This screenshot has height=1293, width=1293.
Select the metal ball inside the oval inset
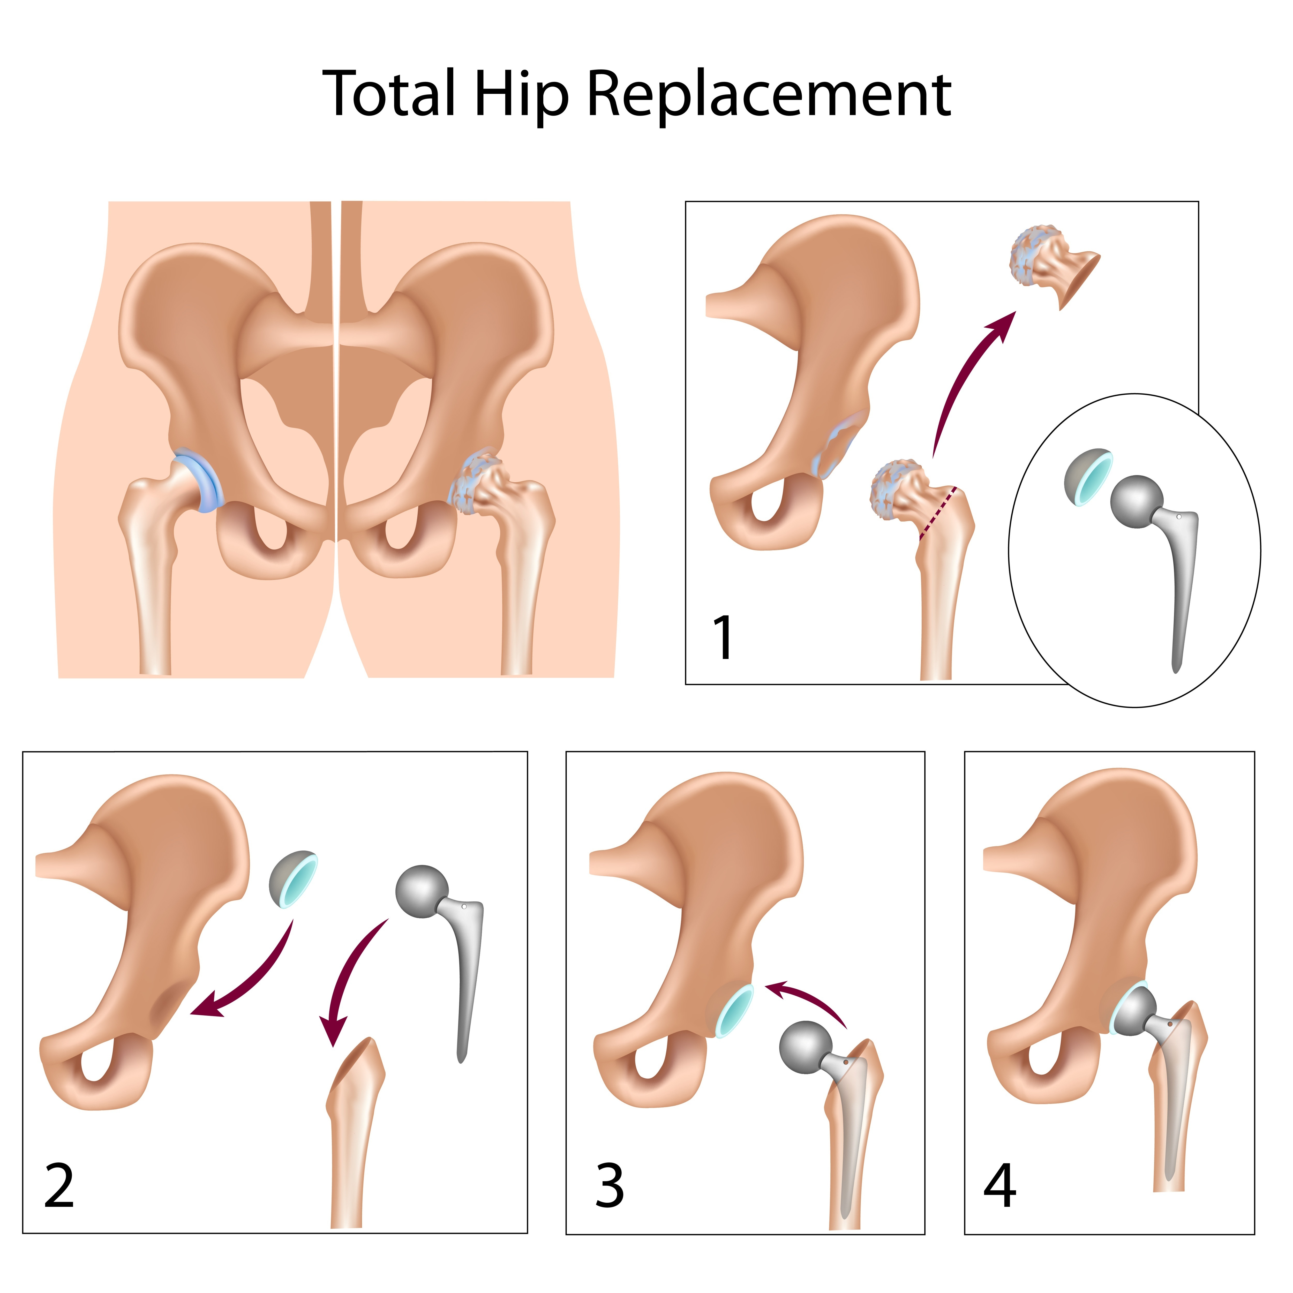pyautogui.click(x=1135, y=501)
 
